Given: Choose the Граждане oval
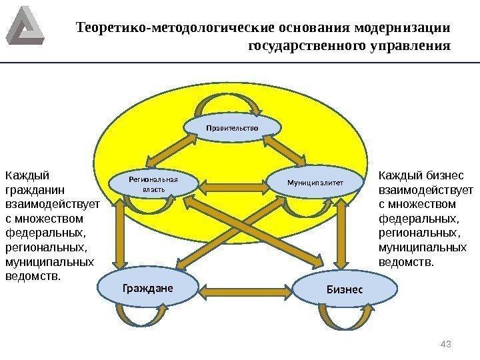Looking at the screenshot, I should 148,288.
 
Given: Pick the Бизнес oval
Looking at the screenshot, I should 345,289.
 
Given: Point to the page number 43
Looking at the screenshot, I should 447,343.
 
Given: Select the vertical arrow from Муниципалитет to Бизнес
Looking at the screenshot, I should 345,233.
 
